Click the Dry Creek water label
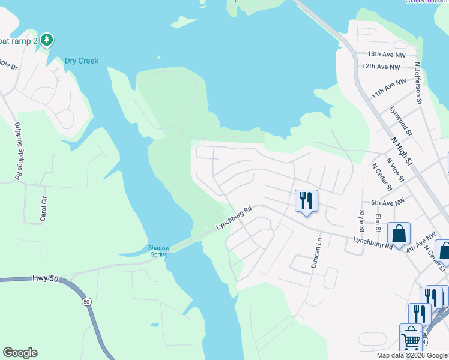click(82, 61)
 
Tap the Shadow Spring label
click(159, 251)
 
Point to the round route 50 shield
click(86, 301)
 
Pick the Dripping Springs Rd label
click(18, 151)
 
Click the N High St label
click(402, 151)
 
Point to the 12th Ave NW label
click(381, 67)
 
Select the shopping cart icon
click(411, 338)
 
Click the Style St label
click(362, 221)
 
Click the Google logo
click(20, 353)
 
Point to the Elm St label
click(378, 223)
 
